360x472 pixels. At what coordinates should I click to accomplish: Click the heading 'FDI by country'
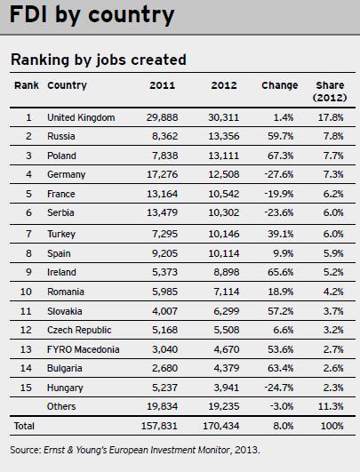pyautogui.click(x=92, y=15)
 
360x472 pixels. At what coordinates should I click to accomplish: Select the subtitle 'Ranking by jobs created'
pyautogui.click(x=99, y=60)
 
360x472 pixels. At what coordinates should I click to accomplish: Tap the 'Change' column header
pyautogui.click(x=280, y=85)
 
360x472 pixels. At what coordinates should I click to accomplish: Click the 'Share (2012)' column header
pyautogui.click(x=330, y=92)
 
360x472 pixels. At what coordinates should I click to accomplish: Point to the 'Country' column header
pyautogui.click(x=67, y=85)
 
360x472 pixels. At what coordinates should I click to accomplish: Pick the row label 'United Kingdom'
pyautogui.click(x=81, y=117)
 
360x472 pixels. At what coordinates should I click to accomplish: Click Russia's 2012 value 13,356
pyautogui.click(x=224, y=136)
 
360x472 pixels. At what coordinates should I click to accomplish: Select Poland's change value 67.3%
pyautogui.click(x=281, y=156)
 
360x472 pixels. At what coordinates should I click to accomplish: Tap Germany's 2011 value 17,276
pyautogui.click(x=163, y=174)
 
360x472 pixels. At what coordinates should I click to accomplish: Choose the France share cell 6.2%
pyautogui.click(x=333, y=194)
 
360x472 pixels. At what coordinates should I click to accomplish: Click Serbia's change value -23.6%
pyautogui.click(x=279, y=212)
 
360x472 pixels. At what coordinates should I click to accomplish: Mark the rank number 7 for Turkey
pyautogui.click(x=28, y=234)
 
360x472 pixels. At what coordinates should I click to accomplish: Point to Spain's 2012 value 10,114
pyautogui.click(x=224, y=253)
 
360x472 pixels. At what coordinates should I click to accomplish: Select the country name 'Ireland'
pyautogui.click(x=61, y=272)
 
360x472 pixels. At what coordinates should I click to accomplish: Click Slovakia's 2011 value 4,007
pyautogui.click(x=164, y=311)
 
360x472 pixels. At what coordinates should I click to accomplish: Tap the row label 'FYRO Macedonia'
pyautogui.click(x=83, y=349)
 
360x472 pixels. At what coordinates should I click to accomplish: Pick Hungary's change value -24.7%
pyautogui.click(x=279, y=388)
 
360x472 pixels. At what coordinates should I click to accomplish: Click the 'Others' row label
pyautogui.click(x=61, y=406)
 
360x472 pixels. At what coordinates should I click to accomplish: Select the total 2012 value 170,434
pyautogui.click(x=221, y=426)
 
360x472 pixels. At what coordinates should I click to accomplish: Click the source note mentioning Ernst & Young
pyautogui.click(x=135, y=450)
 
